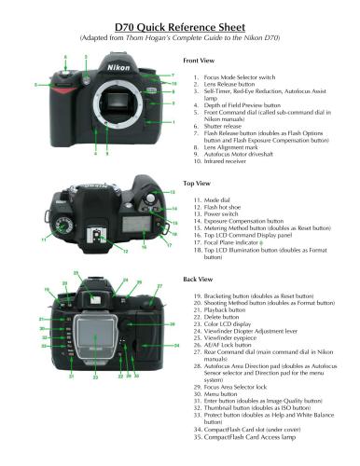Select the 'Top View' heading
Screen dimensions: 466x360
pyautogui.click(x=200, y=184)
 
